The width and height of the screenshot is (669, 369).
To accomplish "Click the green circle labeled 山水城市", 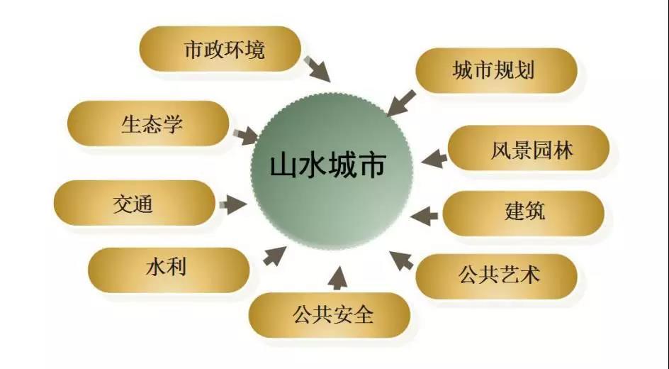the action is (x=332, y=171).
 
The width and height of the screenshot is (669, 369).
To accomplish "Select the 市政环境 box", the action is (x=220, y=49).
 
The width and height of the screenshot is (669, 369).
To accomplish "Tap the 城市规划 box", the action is (x=496, y=70).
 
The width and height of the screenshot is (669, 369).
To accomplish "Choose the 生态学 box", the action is (x=148, y=123).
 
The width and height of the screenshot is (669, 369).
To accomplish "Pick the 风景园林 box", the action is (x=529, y=148).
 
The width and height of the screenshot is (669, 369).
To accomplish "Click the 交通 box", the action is (x=135, y=203).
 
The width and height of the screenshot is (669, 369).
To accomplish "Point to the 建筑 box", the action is (x=524, y=213).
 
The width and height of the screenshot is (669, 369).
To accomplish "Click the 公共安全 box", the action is (x=330, y=315).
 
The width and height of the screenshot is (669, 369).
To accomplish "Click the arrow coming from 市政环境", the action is (x=317, y=69).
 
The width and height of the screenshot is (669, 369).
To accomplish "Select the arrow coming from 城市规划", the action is (x=401, y=103).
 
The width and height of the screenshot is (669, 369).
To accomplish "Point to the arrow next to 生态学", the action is (x=246, y=136).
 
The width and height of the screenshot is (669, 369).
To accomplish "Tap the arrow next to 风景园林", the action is (x=434, y=158).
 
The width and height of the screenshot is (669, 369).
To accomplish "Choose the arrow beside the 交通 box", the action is (x=233, y=204).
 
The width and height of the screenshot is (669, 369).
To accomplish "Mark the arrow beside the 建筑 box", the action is (x=424, y=216).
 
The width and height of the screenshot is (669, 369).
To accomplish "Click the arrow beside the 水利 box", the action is (x=274, y=255).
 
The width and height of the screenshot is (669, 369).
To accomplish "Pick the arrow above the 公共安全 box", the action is (x=338, y=277).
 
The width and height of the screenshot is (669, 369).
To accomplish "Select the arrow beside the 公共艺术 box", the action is (x=401, y=260).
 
